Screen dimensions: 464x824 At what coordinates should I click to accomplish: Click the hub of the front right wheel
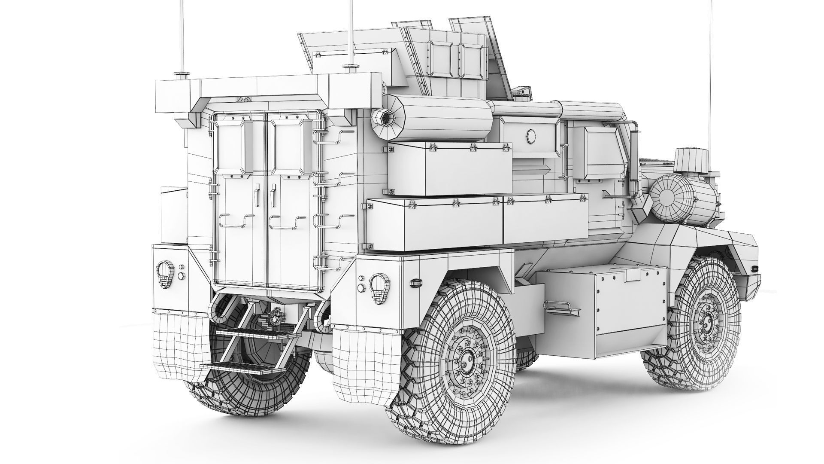click(706, 320)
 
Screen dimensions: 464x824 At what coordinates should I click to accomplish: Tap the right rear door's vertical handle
click(273, 192)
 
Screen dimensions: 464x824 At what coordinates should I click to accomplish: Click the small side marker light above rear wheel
click(415, 283)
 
